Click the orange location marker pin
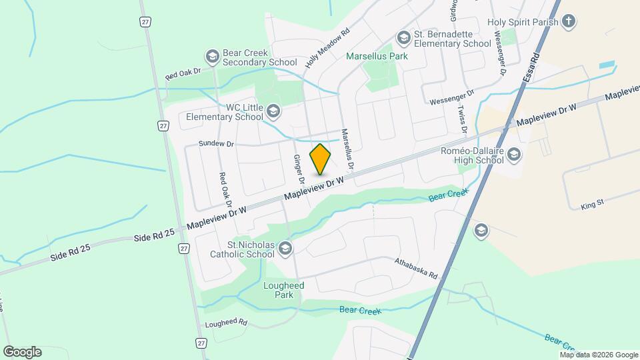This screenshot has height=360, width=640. [321, 159]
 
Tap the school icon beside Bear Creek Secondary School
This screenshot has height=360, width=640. [213, 57]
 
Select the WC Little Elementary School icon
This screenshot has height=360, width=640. [273, 111]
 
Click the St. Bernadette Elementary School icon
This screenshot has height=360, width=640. [403, 37]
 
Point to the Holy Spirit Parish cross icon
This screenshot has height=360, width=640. [568, 22]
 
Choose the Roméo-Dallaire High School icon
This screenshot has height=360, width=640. [514, 156]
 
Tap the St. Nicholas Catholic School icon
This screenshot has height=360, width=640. [285, 249]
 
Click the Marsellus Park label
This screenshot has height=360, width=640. [377, 57]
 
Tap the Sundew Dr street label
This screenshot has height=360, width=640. [217, 143]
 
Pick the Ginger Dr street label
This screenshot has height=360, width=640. [297, 169]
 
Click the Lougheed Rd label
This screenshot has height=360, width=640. [226, 323]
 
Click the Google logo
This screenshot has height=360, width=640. [22, 352]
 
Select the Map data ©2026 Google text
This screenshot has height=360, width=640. [599, 355]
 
